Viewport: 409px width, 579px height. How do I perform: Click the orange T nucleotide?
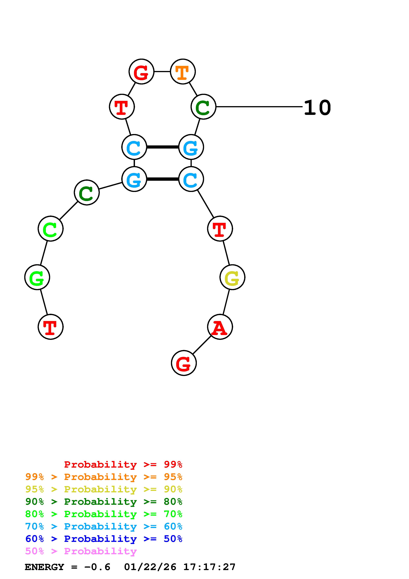point(183,72)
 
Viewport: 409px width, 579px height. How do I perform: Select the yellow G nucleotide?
point(232,277)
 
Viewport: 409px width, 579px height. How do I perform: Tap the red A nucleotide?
point(220,327)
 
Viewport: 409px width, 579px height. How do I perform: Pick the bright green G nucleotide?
point(37,277)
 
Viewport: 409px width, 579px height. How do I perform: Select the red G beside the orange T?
point(141,72)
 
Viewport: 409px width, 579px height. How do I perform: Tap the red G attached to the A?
point(184,363)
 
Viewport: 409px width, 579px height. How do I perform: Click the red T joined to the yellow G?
point(220,229)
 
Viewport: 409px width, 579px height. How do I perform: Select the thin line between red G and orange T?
point(162,72)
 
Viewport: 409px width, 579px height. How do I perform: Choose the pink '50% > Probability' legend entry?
point(81,551)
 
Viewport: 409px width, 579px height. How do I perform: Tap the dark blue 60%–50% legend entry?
point(104,539)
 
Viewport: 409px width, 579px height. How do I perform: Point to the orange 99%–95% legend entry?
point(104,477)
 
